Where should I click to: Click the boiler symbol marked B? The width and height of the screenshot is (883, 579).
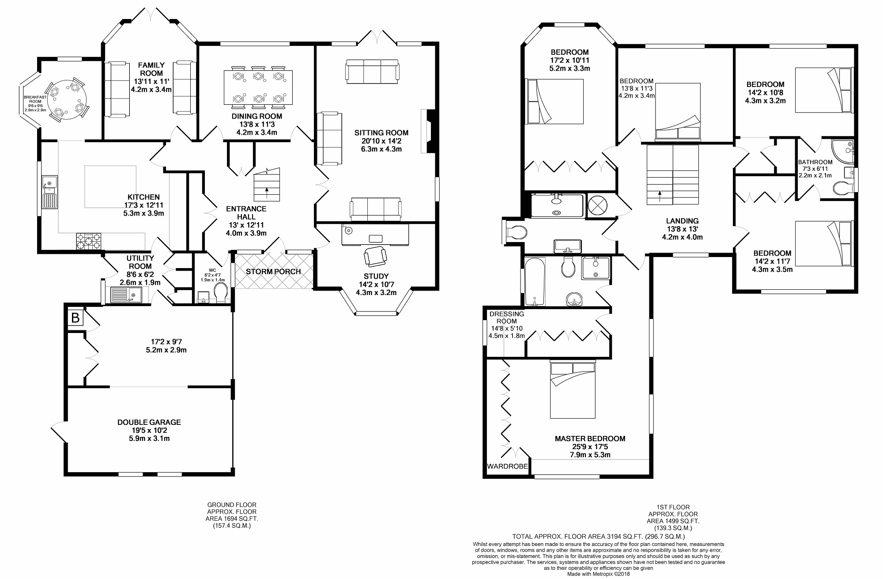(x=75, y=318)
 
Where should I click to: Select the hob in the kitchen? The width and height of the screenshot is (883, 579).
(x=89, y=242)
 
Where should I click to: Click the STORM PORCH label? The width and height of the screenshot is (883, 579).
(x=273, y=272)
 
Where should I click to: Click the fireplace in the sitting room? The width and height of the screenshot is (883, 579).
(x=429, y=131)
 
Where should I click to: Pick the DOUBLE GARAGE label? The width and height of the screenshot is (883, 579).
(x=149, y=422)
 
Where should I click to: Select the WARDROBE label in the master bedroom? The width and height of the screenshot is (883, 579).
(x=507, y=466)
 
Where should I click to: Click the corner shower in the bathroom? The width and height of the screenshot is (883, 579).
(x=843, y=151)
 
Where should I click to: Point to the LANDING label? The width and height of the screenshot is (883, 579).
(x=682, y=221)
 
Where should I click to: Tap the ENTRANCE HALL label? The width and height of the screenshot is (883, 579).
(x=246, y=213)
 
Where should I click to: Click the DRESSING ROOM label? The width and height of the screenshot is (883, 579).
(x=506, y=318)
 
